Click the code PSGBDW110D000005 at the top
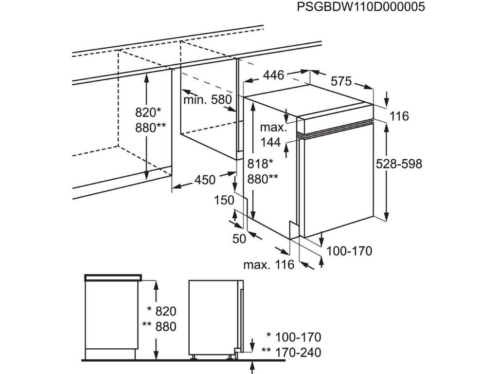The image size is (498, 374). click(360, 7)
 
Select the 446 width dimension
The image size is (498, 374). click(273, 75)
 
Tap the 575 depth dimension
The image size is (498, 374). click(341, 81)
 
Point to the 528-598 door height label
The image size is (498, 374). click(399, 164)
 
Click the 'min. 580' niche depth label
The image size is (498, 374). click(208, 100)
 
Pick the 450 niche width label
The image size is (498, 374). click(205, 180)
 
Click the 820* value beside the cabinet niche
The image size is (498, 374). click(148, 112)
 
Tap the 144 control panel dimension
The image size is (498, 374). click(271, 142)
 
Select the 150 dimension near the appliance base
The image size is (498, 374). click(224, 200)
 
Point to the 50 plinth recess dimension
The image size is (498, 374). click(240, 238)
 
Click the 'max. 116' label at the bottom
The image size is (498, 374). click(269, 264)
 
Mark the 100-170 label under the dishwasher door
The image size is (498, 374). click(349, 251)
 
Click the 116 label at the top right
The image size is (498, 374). click(399, 116)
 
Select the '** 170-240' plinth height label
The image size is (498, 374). click(291, 352)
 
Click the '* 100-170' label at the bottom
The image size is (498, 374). click(294, 337)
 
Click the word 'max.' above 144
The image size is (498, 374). click(273, 128)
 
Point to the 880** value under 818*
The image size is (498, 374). click(263, 179)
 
